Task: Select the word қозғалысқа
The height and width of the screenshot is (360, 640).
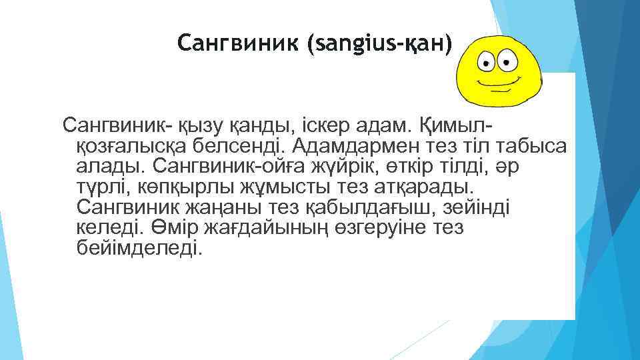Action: (x=129, y=145)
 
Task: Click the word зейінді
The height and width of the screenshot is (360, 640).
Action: (x=477, y=207)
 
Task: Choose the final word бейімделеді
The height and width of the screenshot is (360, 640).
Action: (x=138, y=249)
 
